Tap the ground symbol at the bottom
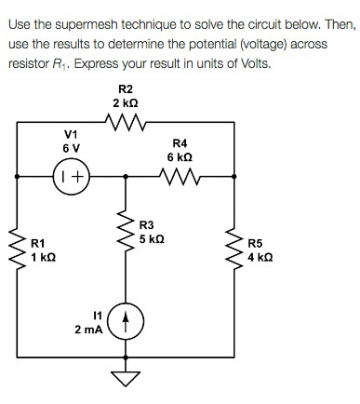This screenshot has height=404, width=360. click(x=124, y=376)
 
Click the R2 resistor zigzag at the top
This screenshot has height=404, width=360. click(x=124, y=121)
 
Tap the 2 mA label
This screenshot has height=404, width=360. click(x=89, y=330)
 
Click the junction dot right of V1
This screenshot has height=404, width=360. click(x=124, y=174)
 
